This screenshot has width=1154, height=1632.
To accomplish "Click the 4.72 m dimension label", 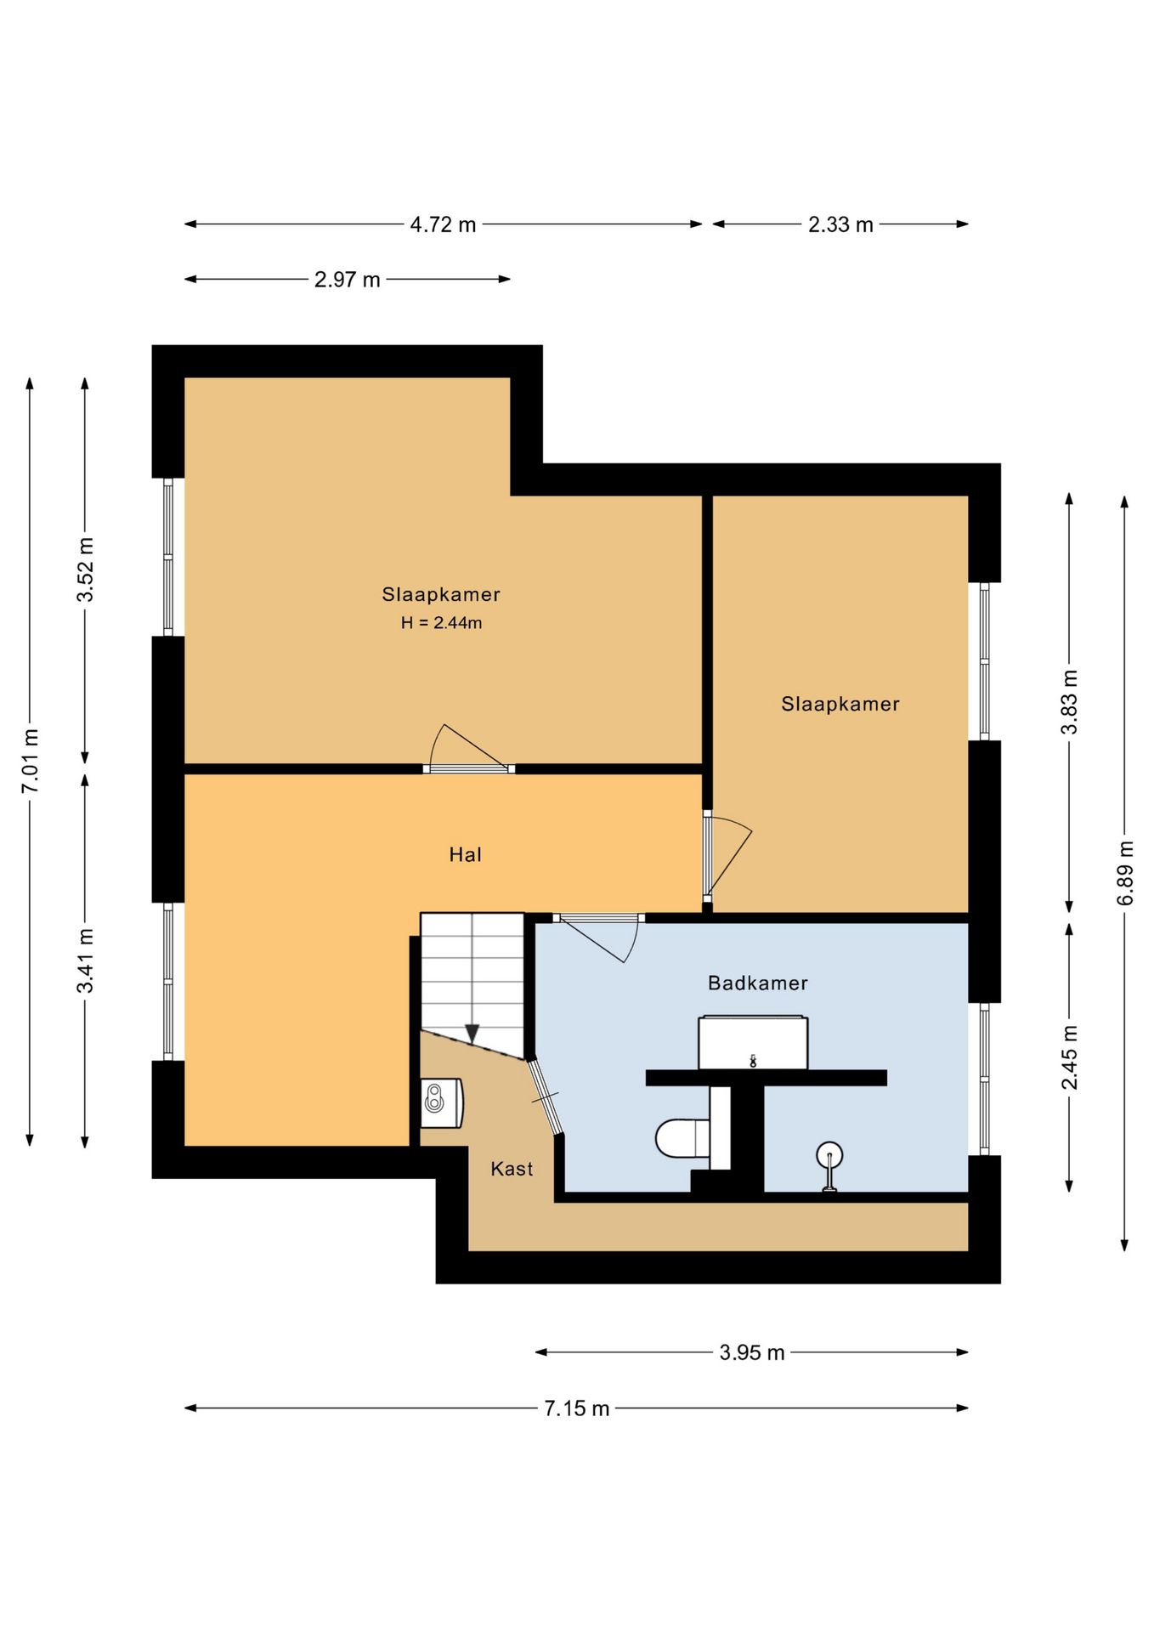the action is (443, 225).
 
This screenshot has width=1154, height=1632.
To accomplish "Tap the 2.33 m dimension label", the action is (840, 225).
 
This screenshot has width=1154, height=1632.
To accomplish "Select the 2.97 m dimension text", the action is (347, 280).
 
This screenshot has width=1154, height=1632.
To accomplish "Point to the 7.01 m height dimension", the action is (30, 761).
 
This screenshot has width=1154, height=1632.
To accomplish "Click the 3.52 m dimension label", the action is (85, 569).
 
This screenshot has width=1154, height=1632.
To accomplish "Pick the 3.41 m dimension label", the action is (85, 960).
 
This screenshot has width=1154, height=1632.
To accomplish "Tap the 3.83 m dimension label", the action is (1069, 702).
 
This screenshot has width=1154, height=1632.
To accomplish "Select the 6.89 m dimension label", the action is (1124, 873).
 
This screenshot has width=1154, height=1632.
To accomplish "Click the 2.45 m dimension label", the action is (1069, 1057).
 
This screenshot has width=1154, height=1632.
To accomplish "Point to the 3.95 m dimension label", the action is (751, 1352).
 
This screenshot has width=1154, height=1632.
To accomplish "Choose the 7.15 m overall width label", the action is (577, 1408).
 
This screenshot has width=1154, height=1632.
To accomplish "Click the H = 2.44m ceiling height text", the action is (441, 623).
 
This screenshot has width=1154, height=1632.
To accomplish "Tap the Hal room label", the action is (465, 855).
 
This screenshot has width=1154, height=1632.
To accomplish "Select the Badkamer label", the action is (757, 983).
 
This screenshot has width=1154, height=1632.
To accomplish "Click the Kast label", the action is (512, 1169).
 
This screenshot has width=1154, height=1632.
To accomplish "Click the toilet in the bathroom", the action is (682, 1138).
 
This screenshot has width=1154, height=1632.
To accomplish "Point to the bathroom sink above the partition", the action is (753, 1042).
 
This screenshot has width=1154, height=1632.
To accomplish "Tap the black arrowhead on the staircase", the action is (472, 1034).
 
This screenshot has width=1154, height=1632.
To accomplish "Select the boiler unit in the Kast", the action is (442, 1103).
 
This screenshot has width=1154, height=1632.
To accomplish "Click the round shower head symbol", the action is (829, 1156).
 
